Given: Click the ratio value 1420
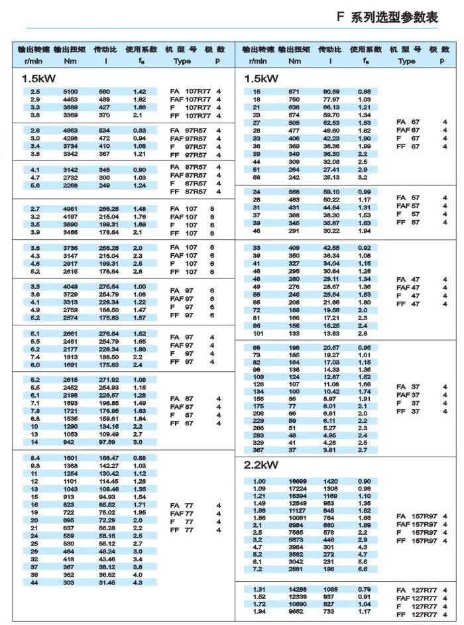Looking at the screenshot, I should [330, 481].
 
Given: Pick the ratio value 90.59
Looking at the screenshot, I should [331, 91].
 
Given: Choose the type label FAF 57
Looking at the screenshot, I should [408, 205].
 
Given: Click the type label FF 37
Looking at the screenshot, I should [408, 411].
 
